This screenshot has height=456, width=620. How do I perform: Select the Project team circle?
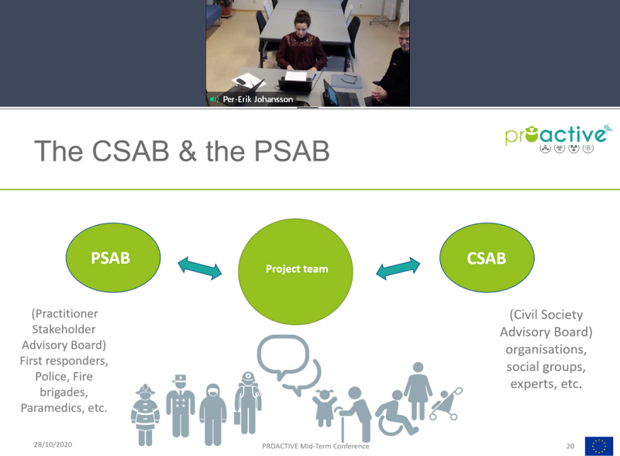[x=296, y=269]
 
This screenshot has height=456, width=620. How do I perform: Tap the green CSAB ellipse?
[x=487, y=258]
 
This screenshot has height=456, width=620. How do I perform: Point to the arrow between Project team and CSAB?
[x=398, y=270]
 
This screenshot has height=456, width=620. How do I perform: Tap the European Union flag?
[x=598, y=446]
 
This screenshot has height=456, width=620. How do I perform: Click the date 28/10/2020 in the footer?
[x=53, y=445]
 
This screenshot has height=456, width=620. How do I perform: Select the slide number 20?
[x=570, y=446]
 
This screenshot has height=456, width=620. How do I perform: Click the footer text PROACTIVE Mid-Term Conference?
[x=315, y=446]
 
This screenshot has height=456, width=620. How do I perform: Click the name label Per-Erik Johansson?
[x=257, y=99]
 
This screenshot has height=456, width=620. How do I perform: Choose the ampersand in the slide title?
[x=187, y=150]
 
